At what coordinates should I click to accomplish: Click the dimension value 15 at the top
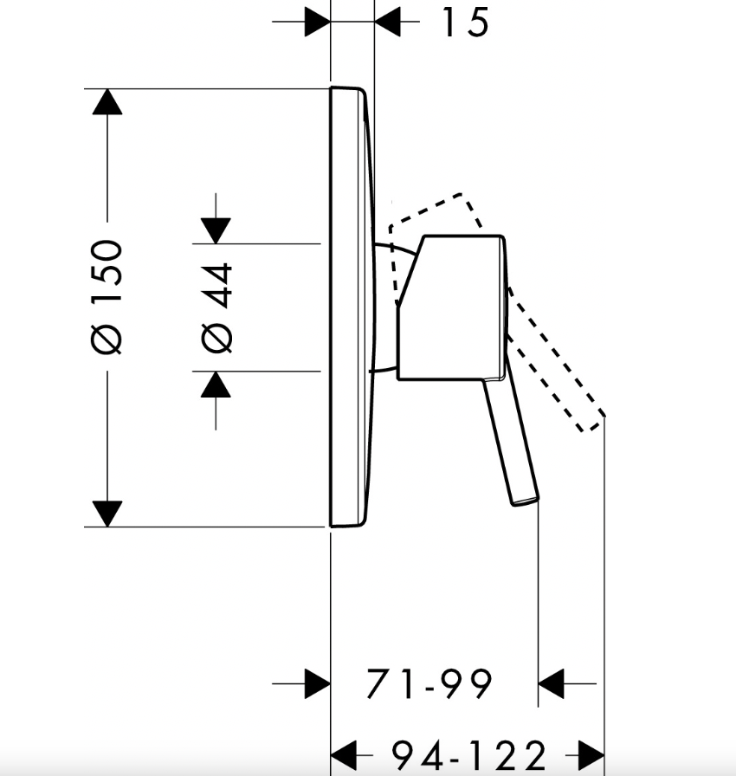point(465,23)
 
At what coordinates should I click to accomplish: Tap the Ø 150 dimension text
point(107,297)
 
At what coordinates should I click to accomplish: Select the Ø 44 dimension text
point(216,307)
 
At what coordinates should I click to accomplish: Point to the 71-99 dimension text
point(429,683)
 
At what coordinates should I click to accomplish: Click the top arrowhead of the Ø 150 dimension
point(107,102)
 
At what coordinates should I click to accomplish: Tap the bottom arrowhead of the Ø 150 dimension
point(107,514)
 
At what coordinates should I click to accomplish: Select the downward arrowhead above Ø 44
point(216,230)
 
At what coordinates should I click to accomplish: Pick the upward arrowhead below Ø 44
point(216,385)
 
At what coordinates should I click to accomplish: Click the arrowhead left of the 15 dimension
point(318,22)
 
